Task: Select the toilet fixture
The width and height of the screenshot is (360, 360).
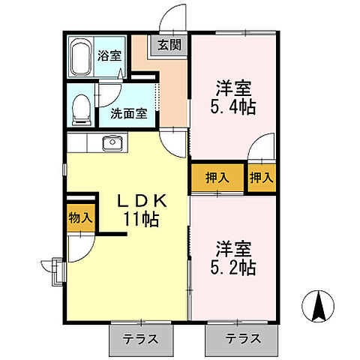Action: (x=79, y=110)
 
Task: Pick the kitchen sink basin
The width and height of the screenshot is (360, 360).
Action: (x=112, y=142)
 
